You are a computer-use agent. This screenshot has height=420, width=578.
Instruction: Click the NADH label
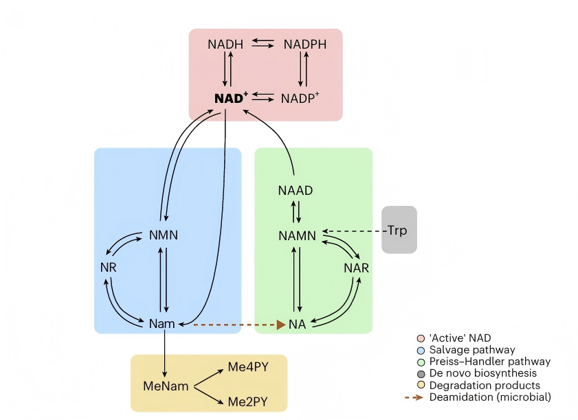(225, 45)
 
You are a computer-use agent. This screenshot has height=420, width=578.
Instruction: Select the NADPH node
(305, 45)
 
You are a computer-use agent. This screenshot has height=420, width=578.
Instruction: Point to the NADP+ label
(300, 99)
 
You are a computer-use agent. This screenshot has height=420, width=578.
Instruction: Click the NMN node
(164, 235)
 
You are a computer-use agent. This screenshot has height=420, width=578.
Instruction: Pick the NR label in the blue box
(108, 268)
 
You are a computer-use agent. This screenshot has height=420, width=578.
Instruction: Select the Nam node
(162, 323)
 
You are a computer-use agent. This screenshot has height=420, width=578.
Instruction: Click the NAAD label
(296, 191)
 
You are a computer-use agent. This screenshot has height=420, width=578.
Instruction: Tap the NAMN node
(298, 235)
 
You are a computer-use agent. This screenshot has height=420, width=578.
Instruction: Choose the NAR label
(357, 268)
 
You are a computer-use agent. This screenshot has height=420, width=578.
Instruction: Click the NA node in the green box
(297, 324)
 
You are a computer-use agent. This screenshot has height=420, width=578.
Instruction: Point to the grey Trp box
(399, 230)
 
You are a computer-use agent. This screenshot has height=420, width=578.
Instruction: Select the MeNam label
(166, 386)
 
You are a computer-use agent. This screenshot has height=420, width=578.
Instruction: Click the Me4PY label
(248, 367)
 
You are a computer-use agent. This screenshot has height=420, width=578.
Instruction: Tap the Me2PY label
(248, 401)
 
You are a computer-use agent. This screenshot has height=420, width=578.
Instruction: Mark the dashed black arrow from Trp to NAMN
(354, 231)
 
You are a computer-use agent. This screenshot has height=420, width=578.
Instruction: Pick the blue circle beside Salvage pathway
(421, 350)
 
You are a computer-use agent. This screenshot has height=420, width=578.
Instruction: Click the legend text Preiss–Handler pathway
(489, 362)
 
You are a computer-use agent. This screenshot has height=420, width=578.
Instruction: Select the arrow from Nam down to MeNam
(166, 353)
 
